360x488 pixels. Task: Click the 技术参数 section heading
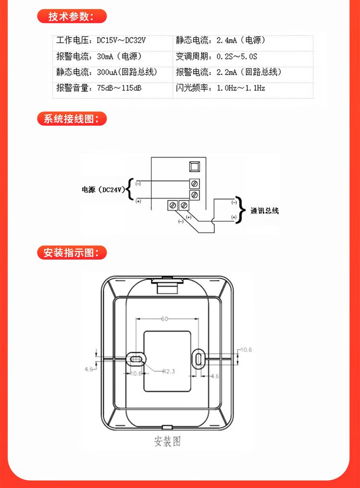click(x=72, y=16)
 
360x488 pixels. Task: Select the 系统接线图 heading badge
click(x=72, y=119)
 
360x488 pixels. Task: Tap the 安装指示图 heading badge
click(x=72, y=252)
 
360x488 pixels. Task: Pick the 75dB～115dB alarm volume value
click(x=119, y=88)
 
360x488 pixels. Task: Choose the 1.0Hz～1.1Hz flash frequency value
click(x=241, y=88)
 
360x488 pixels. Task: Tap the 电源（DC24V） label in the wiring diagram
click(x=104, y=190)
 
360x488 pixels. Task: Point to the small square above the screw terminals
click(x=194, y=167)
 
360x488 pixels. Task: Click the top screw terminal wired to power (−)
click(x=194, y=183)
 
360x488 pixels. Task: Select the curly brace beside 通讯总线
click(x=242, y=210)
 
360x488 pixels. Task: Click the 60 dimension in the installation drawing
click(x=165, y=319)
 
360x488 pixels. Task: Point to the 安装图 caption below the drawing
click(x=168, y=440)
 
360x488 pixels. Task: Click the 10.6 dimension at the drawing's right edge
click(x=246, y=350)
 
